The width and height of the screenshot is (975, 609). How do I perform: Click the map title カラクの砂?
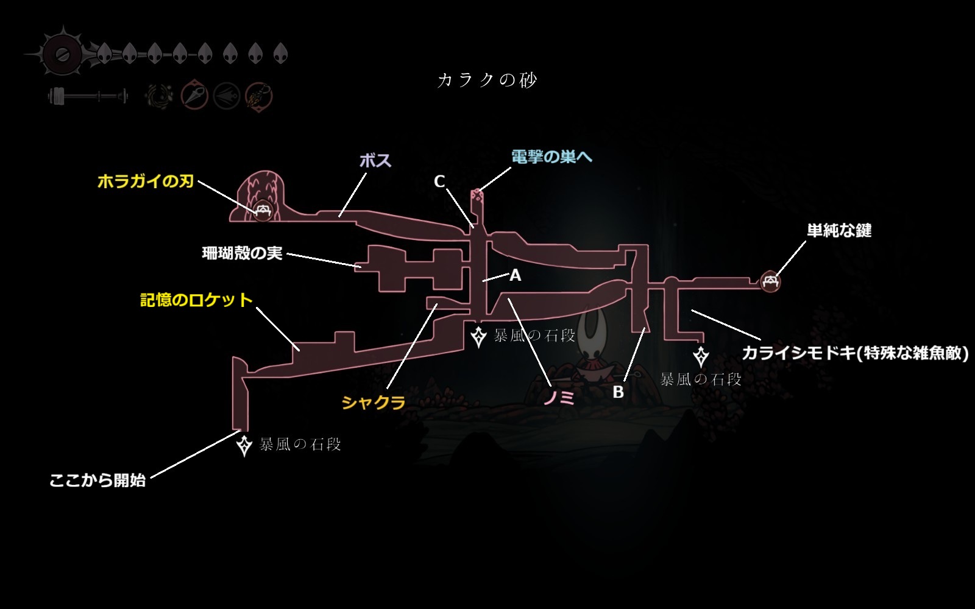click(487, 80)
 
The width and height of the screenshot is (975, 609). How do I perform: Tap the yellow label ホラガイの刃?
click(146, 181)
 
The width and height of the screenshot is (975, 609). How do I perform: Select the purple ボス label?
click(375, 161)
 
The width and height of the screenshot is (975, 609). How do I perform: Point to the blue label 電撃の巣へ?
click(551, 157)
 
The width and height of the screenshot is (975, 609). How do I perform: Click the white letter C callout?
click(439, 181)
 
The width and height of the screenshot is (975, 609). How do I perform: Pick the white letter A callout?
click(515, 275)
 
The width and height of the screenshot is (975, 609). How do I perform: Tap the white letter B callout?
click(618, 392)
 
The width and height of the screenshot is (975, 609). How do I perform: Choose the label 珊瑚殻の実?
click(242, 253)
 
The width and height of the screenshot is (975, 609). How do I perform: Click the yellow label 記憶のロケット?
click(196, 300)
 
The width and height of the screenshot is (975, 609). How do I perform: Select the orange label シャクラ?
click(374, 403)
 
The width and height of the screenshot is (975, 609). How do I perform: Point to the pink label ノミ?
click(559, 397)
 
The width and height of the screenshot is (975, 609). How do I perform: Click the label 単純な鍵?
click(839, 230)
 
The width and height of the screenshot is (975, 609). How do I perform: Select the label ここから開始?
click(97, 481)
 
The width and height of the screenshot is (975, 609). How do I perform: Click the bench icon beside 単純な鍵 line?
click(770, 281)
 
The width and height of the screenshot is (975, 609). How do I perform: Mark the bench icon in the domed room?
click(263, 211)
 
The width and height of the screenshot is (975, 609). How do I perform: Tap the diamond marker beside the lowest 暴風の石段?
click(244, 445)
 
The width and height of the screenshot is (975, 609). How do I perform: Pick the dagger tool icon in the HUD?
click(194, 96)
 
